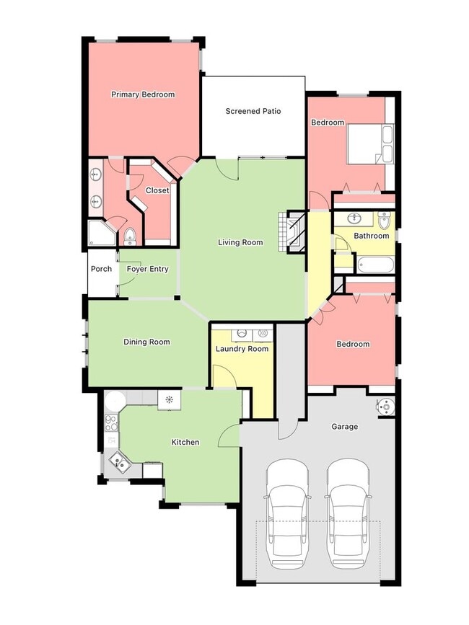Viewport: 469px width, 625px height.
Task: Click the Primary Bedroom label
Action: [x=143, y=94]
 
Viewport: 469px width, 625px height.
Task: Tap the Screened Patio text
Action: [x=253, y=111]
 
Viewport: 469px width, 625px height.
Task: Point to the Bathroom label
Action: [x=371, y=236]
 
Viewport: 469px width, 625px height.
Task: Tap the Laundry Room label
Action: [x=242, y=349]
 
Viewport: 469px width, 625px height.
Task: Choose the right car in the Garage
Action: [x=349, y=512]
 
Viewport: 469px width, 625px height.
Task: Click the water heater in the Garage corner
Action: [x=386, y=407]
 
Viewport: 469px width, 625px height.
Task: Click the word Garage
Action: [x=344, y=427]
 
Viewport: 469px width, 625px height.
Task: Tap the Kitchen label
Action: [x=185, y=442]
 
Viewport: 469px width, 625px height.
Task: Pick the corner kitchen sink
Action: [x=117, y=461]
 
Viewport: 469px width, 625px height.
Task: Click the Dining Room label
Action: [x=146, y=342]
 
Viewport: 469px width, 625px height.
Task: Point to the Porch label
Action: [x=101, y=269]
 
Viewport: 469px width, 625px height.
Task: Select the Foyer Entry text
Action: [x=147, y=269]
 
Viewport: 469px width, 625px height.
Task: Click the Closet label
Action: [x=157, y=190]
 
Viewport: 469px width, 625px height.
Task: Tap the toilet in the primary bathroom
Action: [x=130, y=236]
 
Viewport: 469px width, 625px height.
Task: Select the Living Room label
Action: [x=240, y=242]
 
